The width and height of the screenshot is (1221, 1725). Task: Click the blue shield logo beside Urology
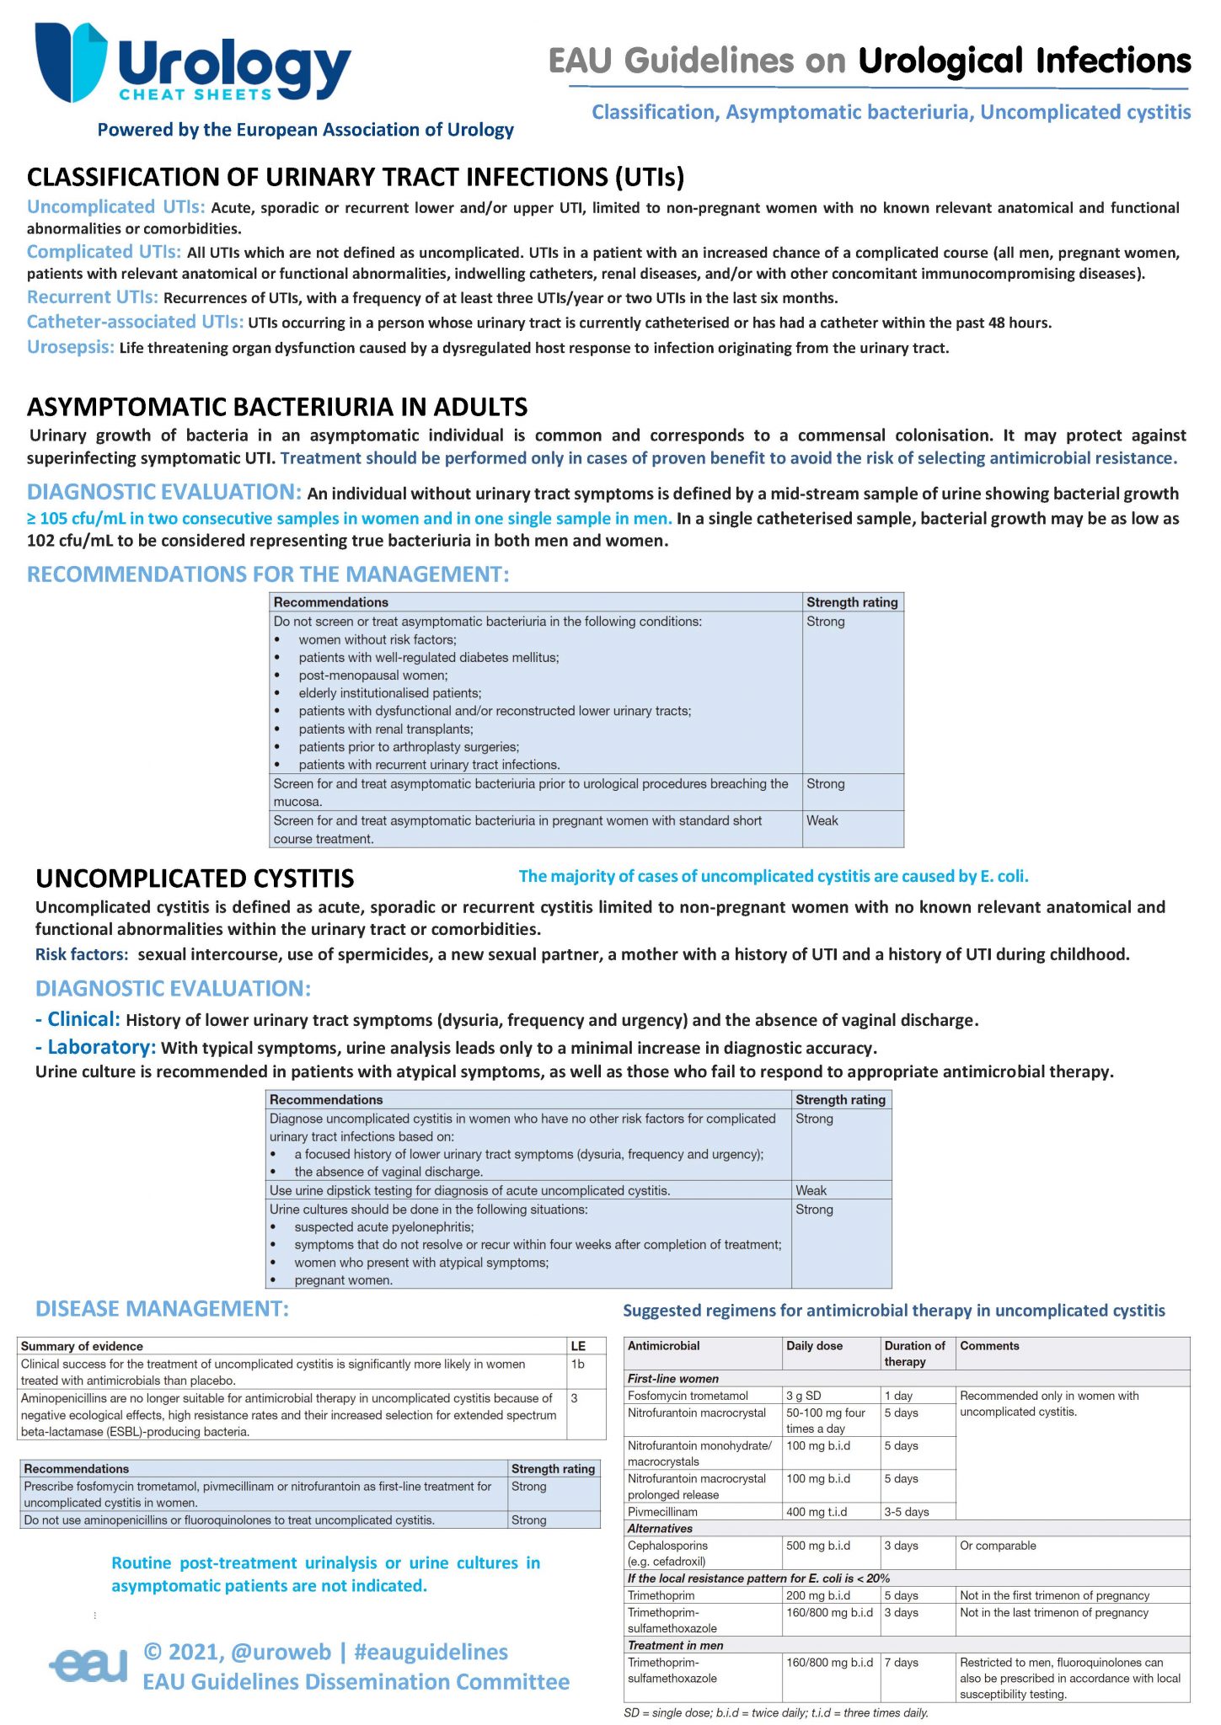71,61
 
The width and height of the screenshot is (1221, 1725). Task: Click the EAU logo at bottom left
89,1664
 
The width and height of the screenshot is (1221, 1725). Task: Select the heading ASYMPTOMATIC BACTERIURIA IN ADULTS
277,407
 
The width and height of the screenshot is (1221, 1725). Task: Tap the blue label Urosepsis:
71,347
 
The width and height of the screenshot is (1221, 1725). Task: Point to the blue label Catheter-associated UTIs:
135,322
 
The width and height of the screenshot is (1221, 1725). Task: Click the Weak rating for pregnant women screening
822,820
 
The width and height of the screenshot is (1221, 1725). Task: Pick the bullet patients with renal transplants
385,729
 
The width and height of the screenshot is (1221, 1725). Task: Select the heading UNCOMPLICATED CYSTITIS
195,879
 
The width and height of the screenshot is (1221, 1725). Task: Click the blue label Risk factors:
82,954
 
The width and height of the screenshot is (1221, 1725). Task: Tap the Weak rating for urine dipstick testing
811,1190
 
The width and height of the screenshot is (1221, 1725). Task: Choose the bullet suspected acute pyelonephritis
383,1226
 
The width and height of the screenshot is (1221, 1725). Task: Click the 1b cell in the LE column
578,1364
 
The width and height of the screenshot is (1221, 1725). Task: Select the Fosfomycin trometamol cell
688,1396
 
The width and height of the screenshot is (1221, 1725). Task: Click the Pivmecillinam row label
662,1512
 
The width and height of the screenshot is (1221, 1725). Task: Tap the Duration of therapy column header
914,1353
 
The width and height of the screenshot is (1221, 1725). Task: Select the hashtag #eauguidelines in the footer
431,1652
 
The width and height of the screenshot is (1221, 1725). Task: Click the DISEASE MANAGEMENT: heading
162,1308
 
